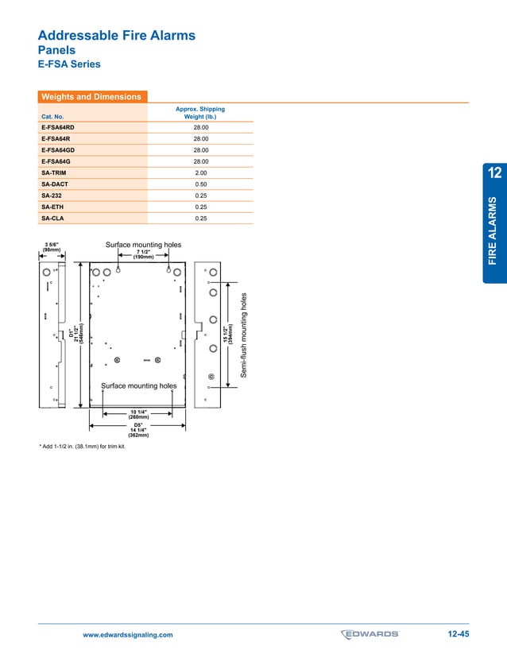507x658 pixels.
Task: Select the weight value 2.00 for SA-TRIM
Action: [x=200, y=172]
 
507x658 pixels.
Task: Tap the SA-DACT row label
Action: [x=54, y=184]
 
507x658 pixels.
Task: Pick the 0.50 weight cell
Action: [x=200, y=184]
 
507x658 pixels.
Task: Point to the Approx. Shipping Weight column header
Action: [x=200, y=112]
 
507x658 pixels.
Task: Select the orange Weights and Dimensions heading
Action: [x=91, y=97]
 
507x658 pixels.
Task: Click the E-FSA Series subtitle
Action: [x=69, y=64]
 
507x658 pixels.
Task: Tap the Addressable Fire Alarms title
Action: [x=116, y=36]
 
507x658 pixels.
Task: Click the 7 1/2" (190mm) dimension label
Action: [x=143, y=255]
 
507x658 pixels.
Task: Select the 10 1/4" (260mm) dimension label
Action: [x=138, y=414]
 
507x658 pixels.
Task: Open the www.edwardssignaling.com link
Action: [x=128, y=635]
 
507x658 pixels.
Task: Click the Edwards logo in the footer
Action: [x=370, y=634]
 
